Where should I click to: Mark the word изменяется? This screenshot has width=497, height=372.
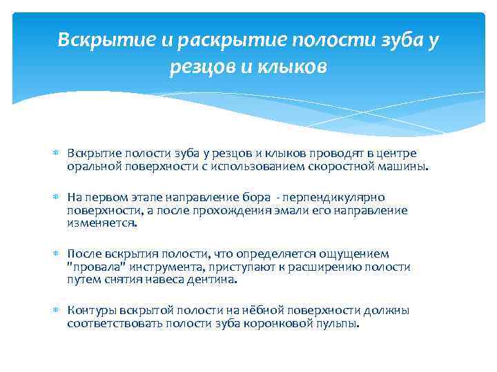click(x=101, y=223)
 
